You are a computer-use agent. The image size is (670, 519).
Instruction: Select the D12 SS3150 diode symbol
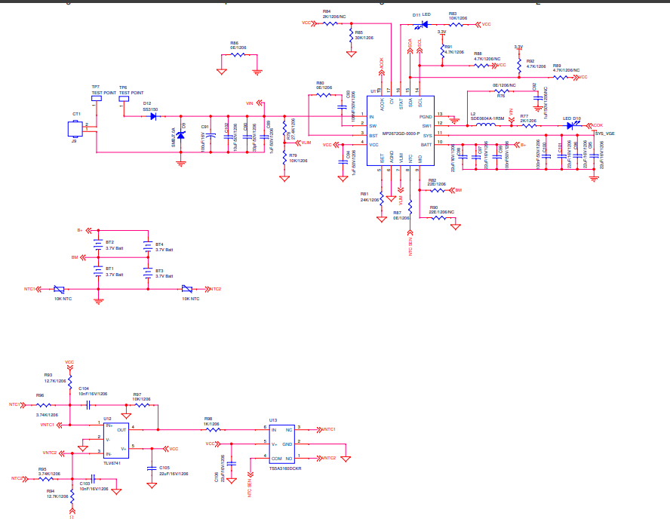154,118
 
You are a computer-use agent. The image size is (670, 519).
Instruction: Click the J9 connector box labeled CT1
76,126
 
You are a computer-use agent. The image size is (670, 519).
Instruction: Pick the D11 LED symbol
423,24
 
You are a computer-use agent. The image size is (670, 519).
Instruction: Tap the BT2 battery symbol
97,244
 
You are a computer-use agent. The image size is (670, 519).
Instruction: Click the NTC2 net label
216,289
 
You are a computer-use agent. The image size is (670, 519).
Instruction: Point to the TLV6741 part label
112,462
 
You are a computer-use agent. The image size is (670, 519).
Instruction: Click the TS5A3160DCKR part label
284,468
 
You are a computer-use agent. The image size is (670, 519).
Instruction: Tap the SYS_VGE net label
604,133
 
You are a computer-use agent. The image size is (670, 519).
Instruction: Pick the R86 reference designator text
234,43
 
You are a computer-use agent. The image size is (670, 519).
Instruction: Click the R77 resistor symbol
530,125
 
